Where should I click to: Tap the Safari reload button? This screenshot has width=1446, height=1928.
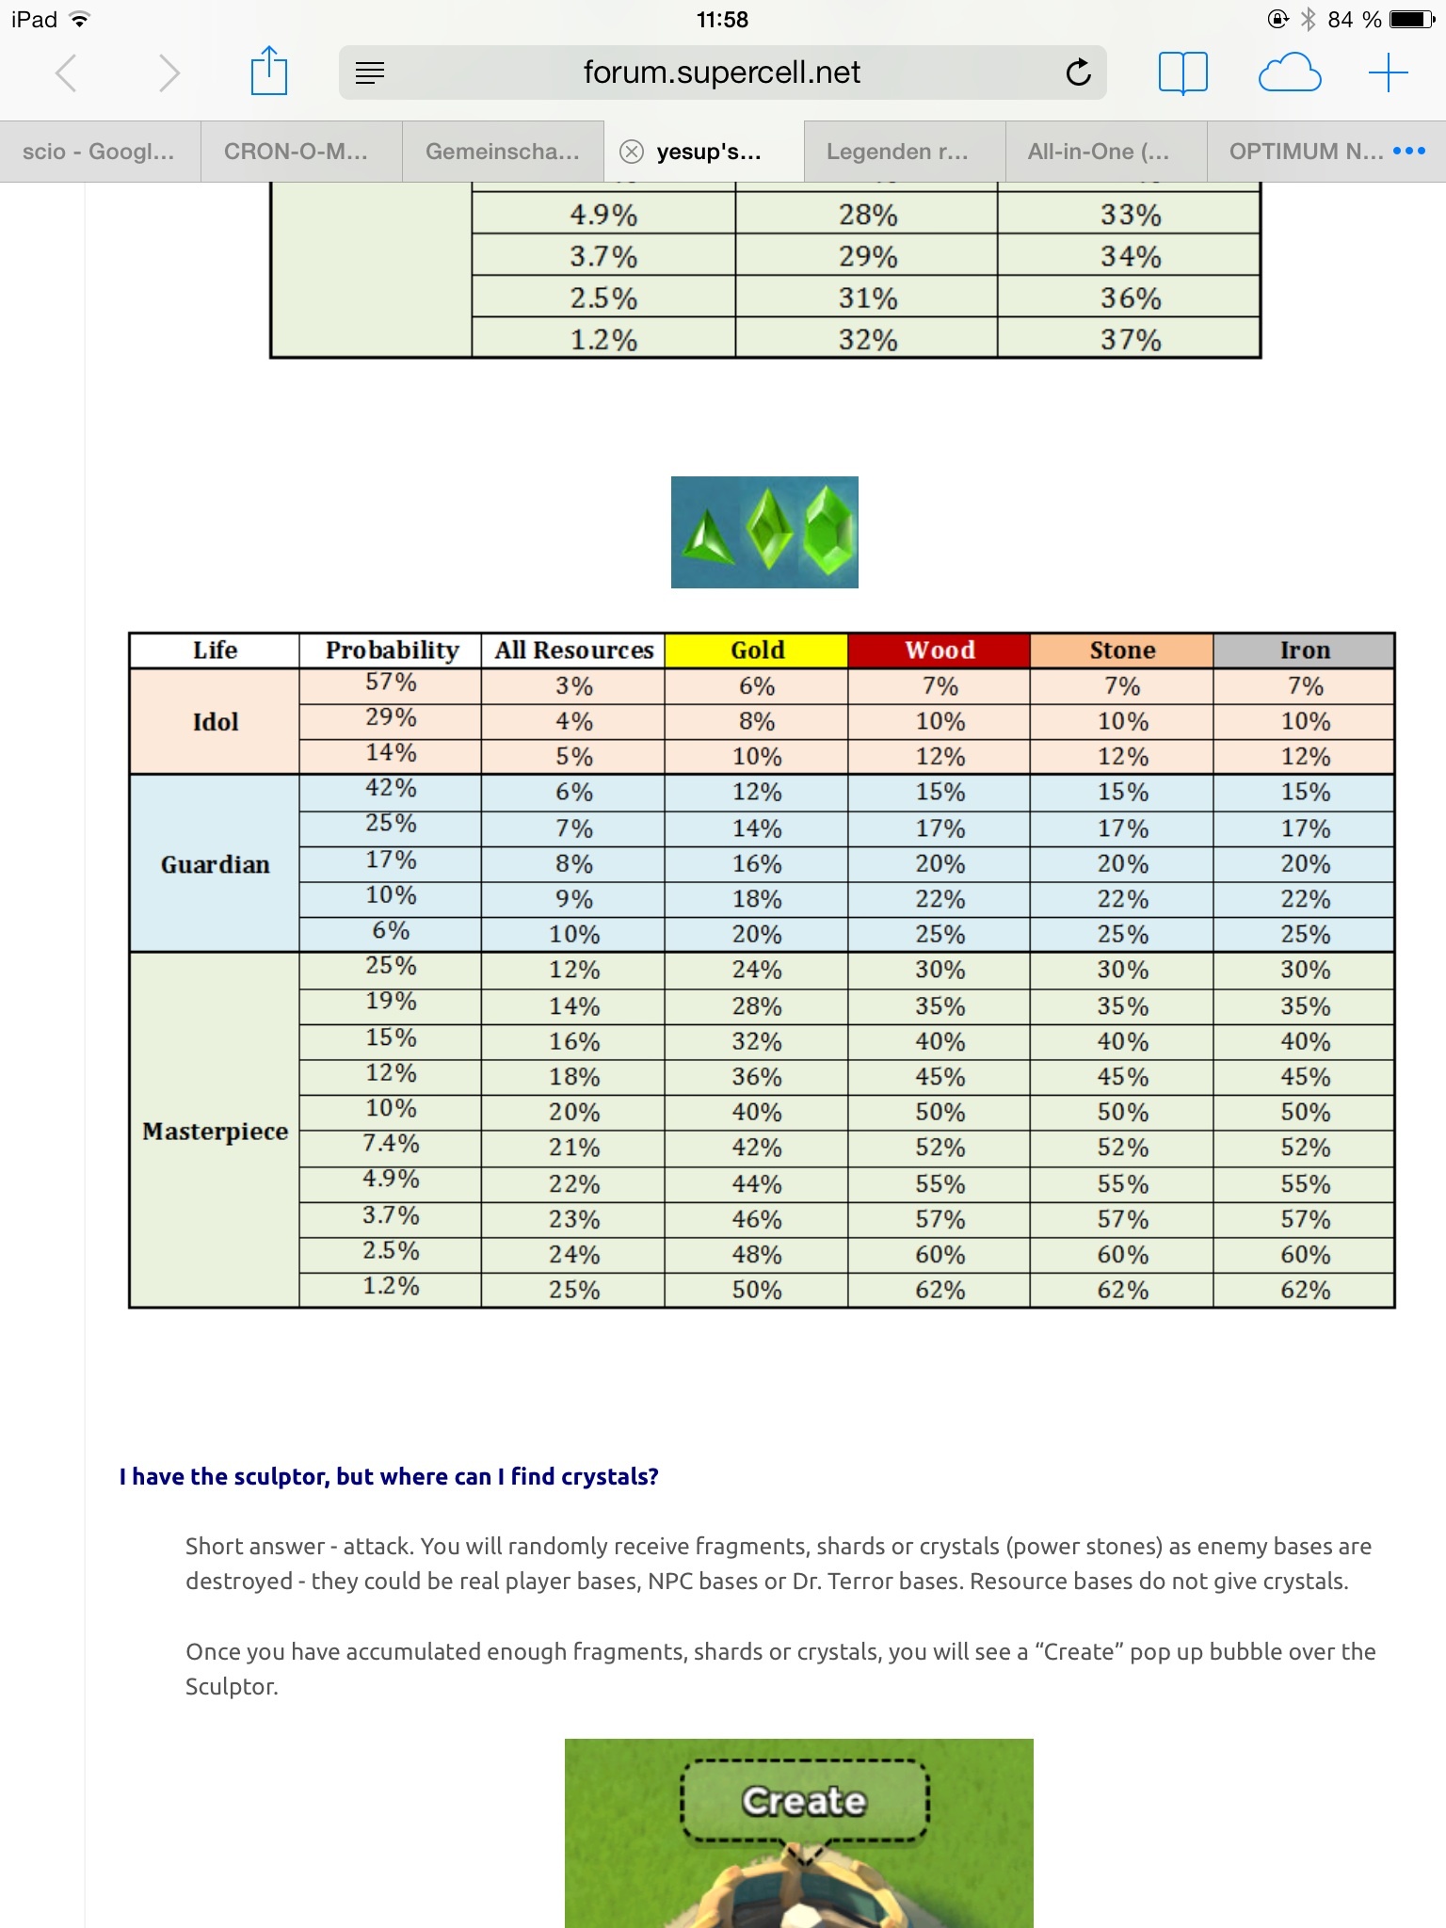pyautogui.click(x=1078, y=72)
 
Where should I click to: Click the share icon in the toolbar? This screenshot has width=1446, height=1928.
pyautogui.click(x=268, y=72)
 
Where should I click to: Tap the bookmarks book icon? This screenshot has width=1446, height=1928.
pyautogui.click(x=1182, y=72)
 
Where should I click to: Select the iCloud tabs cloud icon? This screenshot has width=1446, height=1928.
pyautogui.click(x=1289, y=72)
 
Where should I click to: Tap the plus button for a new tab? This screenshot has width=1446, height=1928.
pyautogui.click(x=1388, y=72)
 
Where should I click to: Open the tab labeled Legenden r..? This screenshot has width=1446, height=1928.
pyautogui.click(x=897, y=152)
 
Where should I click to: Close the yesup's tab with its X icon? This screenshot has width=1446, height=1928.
pyautogui.click(x=632, y=152)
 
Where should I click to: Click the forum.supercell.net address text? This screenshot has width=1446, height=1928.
pyautogui.click(x=721, y=72)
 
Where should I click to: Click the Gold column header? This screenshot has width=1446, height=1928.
pyautogui.click(x=757, y=651)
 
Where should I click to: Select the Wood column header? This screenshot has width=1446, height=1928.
pyautogui.click(x=940, y=651)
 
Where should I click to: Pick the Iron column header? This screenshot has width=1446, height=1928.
pyautogui.click(x=1304, y=651)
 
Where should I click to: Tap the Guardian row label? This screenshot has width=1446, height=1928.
pyautogui.click(x=215, y=864)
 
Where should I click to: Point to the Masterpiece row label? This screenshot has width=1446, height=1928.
pyautogui.click(x=215, y=1131)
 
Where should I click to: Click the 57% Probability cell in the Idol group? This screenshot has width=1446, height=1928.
pyautogui.click(x=391, y=683)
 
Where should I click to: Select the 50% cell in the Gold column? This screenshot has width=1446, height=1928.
pyautogui.click(x=757, y=1290)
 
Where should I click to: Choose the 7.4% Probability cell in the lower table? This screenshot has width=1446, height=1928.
pyautogui.click(x=391, y=1144)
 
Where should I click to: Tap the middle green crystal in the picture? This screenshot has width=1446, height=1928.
pyautogui.click(x=769, y=530)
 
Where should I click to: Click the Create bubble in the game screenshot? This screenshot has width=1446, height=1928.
pyautogui.click(x=804, y=1801)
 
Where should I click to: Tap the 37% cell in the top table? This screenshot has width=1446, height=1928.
pyautogui.click(x=1130, y=339)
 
